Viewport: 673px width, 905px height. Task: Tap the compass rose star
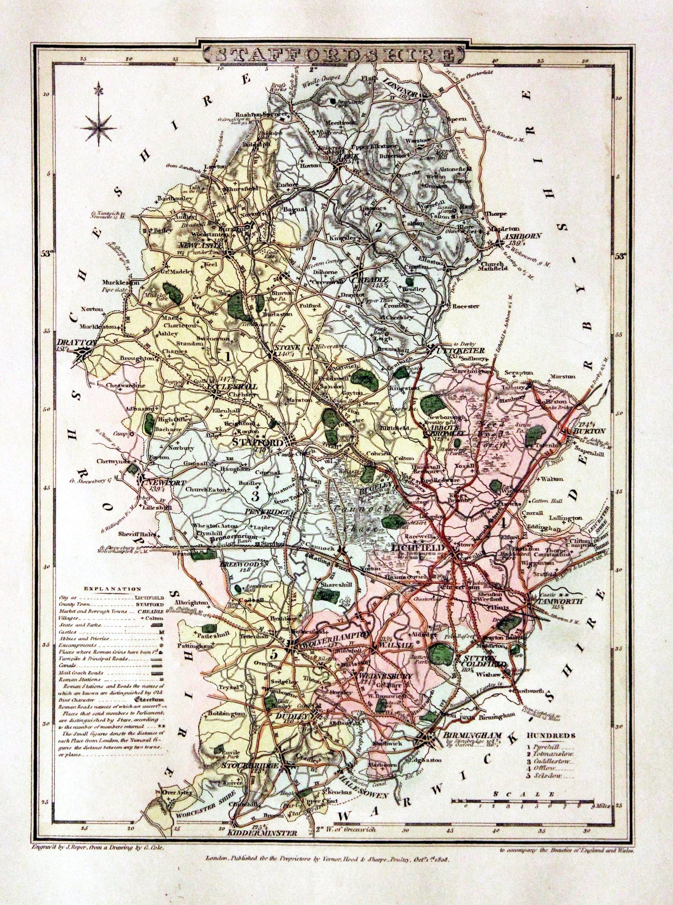(99, 127)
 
